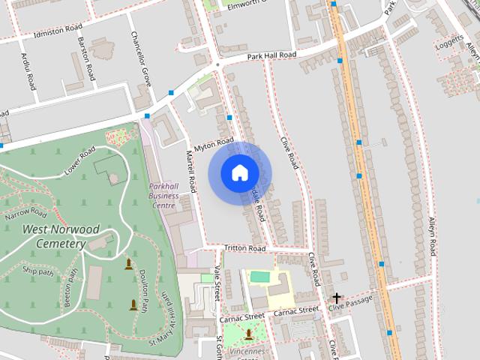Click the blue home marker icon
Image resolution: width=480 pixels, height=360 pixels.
[x=238, y=172]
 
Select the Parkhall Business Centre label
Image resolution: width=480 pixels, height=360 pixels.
[x=163, y=196]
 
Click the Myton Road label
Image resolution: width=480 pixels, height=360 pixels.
[x=213, y=144]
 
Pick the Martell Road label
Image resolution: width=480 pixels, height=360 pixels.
[x=190, y=170]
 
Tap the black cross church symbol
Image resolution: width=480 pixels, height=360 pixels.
[x=337, y=298]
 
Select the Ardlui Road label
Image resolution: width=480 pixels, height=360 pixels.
[x=30, y=71]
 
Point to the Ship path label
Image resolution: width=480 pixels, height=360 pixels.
[x=38, y=271]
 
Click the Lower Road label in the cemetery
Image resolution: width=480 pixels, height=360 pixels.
[x=80, y=160]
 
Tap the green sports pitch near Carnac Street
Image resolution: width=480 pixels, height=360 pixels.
[x=259, y=277]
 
